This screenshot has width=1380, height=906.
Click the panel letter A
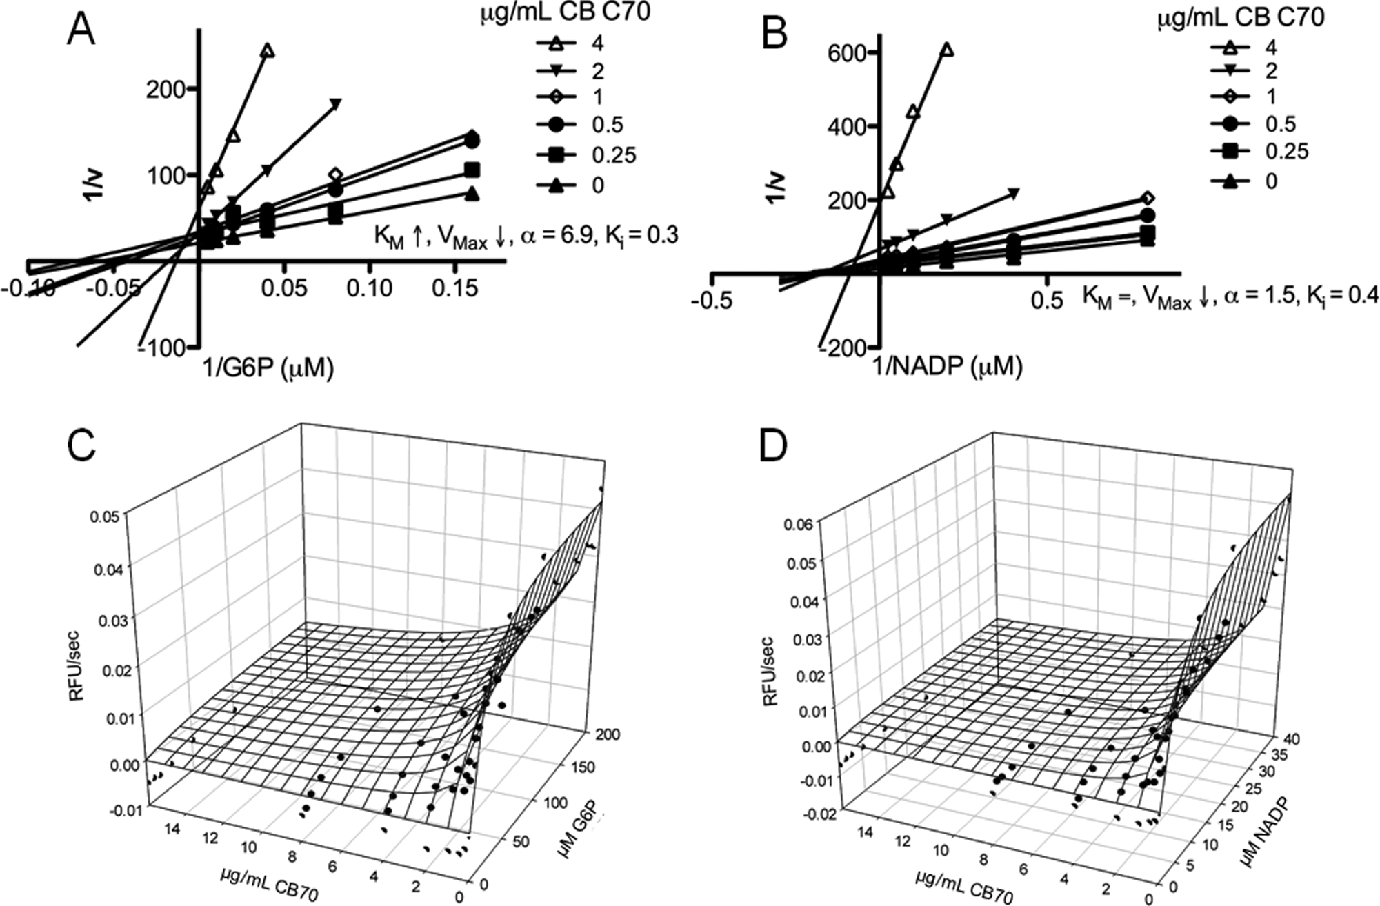tap(81, 29)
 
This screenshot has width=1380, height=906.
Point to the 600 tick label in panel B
tap(843, 52)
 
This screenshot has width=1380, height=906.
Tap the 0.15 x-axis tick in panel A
tap(452, 288)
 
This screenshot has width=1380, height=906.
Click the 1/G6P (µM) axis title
tap(268, 368)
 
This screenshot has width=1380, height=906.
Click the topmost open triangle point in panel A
tap(268, 51)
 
